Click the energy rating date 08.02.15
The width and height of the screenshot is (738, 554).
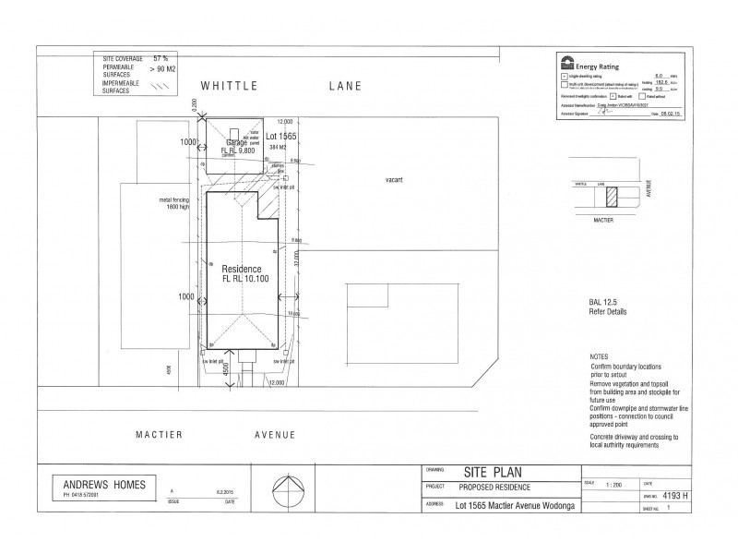[672, 114]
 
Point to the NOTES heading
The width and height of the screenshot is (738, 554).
[600, 356]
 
